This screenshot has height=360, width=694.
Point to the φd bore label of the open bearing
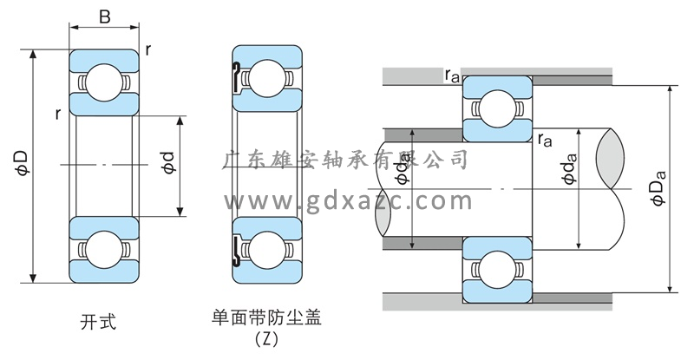[x=168, y=162]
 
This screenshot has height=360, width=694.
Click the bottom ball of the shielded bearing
[x=268, y=252]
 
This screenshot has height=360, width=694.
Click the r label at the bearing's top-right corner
[x=149, y=49]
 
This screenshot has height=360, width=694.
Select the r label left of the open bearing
[x=56, y=114]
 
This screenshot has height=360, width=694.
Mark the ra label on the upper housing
[x=452, y=75]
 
